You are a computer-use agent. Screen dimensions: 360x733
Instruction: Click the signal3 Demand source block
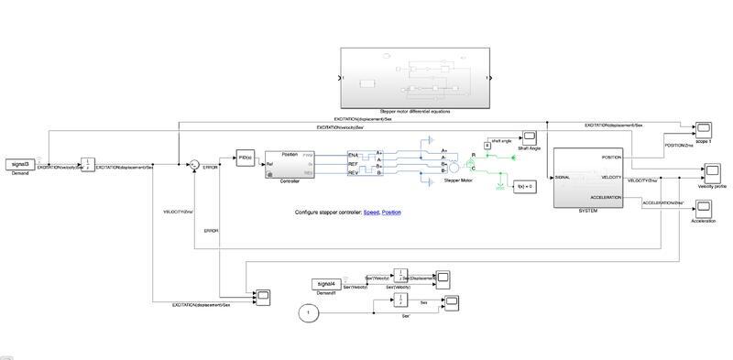pyautogui.click(x=19, y=164)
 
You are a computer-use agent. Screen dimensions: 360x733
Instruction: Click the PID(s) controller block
pyautogui.click(x=244, y=157)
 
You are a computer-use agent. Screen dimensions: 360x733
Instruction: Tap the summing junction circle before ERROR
pyautogui.click(x=193, y=165)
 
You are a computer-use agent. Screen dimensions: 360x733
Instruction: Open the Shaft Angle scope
pyautogui.click(x=529, y=136)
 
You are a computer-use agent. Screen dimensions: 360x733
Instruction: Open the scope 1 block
pyautogui.click(x=704, y=127)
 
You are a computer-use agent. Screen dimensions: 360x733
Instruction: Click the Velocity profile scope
pyautogui.click(x=712, y=171)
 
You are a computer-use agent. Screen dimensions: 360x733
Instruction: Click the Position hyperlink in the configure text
pyautogui.click(x=391, y=213)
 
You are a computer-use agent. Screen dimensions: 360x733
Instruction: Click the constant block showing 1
pyautogui.click(x=309, y=314)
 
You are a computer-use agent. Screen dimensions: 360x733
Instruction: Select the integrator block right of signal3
pyautogui.click(x=88, y=164)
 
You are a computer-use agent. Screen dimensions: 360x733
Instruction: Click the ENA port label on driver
pyautogui.click(x=353, y=156)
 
